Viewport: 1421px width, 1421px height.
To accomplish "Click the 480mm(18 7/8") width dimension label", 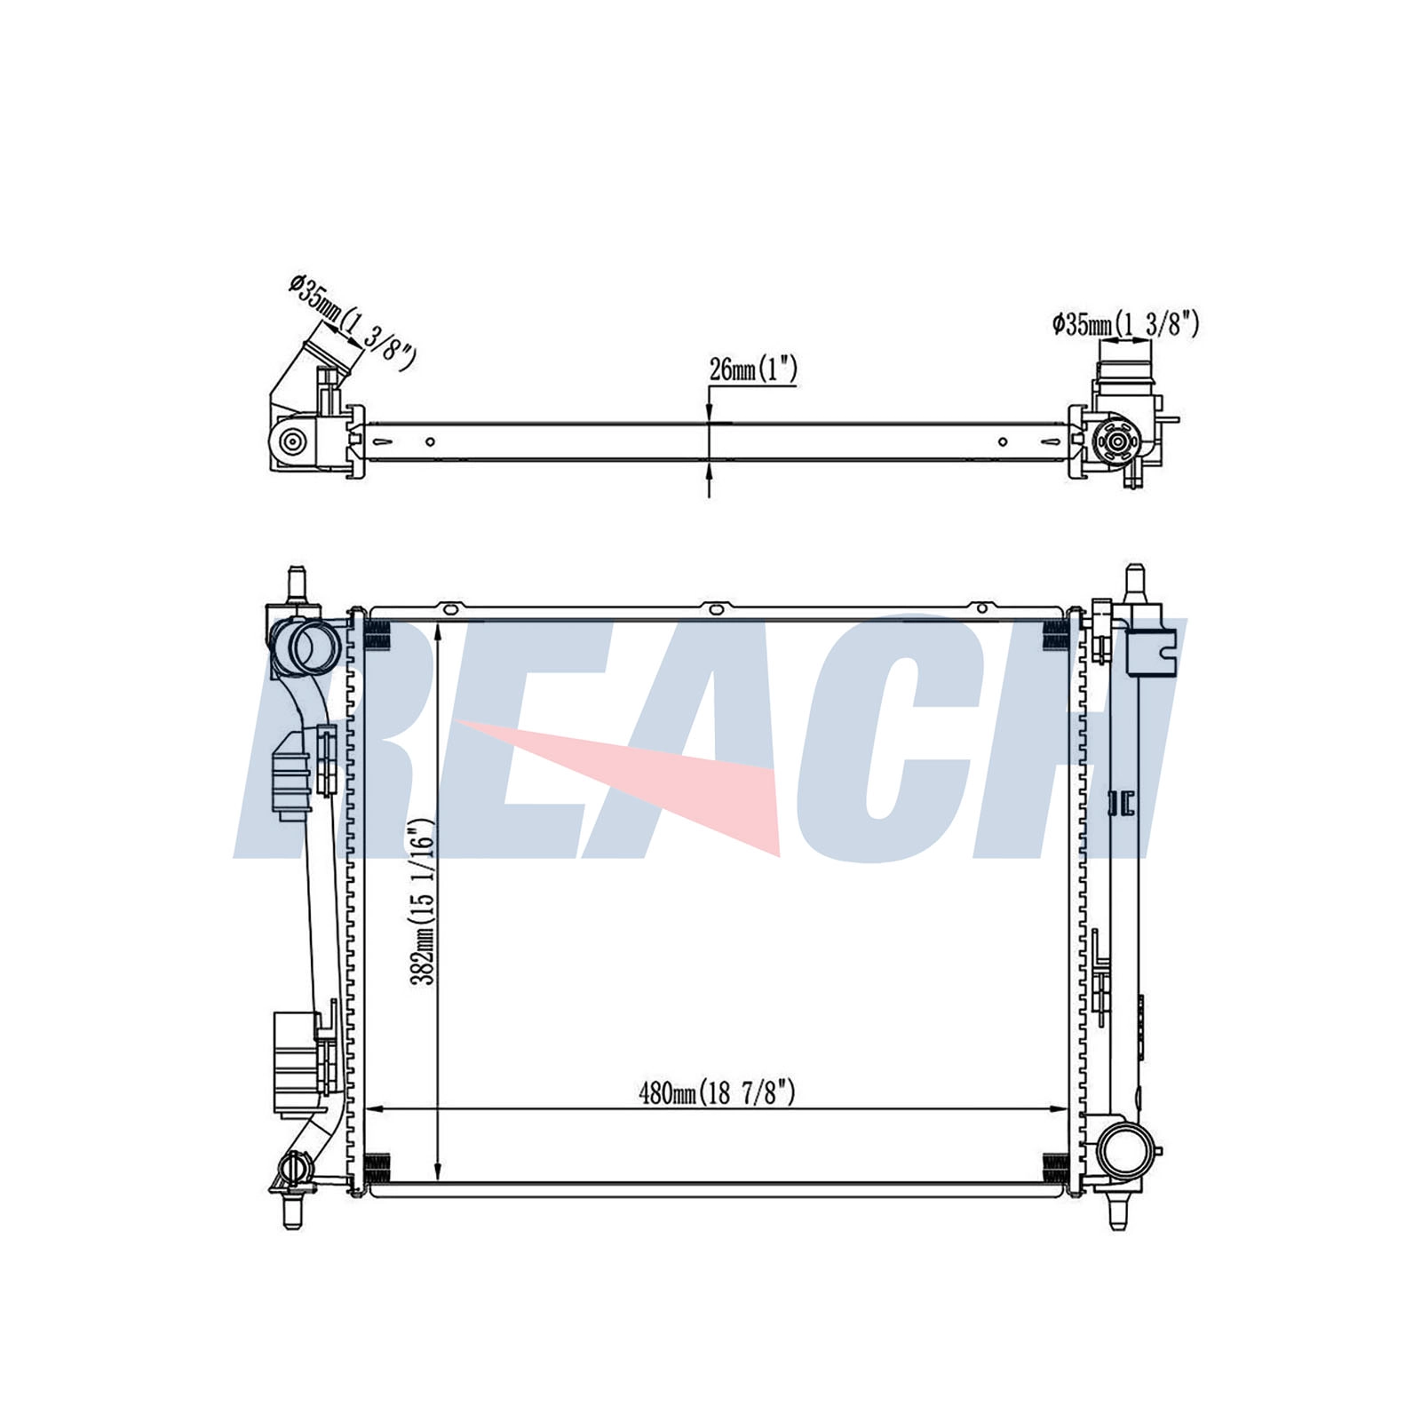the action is click(x=717, y=1092).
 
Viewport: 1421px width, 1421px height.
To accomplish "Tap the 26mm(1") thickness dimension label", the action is click(x=753, y=369).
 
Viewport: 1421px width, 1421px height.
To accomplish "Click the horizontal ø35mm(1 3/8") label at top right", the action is click(x=1126, y=324).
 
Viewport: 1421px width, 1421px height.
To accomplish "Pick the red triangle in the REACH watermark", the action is click(x=622, y=782).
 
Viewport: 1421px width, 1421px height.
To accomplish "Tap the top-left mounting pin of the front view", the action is click(x=294, y=584).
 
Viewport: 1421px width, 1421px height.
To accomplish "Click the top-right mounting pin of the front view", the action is click(x=1133, y=584).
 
